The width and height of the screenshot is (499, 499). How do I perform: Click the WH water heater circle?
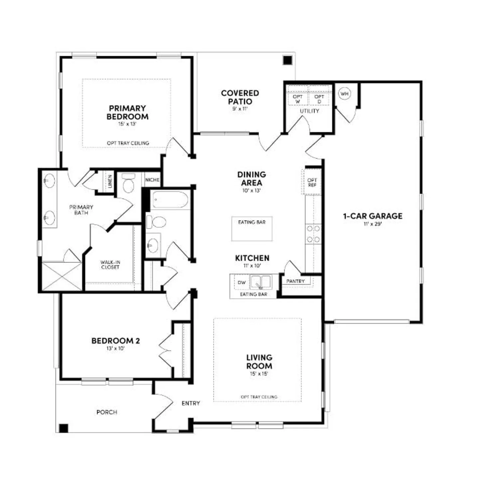tap(345, 94)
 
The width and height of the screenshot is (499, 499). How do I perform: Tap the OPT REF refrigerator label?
tap(312, 182)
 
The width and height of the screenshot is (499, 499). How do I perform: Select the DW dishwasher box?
tap(242, 282)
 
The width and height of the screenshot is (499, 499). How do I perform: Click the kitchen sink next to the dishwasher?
tap(260, 282)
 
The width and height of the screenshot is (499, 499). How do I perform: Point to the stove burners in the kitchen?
tap(313, 234)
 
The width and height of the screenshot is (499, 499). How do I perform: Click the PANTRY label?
tap(295, 281)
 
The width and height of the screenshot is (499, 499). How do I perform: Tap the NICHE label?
tap(152, 180)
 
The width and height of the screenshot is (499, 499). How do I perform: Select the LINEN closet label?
tap(110, 181)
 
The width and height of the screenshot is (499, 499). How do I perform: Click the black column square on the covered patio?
tap(287, 60)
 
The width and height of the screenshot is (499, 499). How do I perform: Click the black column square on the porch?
tap(64, 428)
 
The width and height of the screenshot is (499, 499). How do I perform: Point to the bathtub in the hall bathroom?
tap(170, 200)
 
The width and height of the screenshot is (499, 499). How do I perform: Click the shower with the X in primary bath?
tap(62, 276)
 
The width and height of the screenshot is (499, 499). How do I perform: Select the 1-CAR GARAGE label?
tap(373, 216)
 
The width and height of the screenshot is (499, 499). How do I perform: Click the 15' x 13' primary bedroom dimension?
tap(127, 124)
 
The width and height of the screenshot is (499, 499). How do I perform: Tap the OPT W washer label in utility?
tap(298, 99)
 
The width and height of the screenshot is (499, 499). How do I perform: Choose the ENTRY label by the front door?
tap(191, 403)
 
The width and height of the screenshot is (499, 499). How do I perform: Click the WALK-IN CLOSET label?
tap(110, 264)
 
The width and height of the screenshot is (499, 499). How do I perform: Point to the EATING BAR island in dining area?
tap(252, 229)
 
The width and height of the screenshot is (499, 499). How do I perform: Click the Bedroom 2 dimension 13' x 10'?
tap(115, 348)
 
